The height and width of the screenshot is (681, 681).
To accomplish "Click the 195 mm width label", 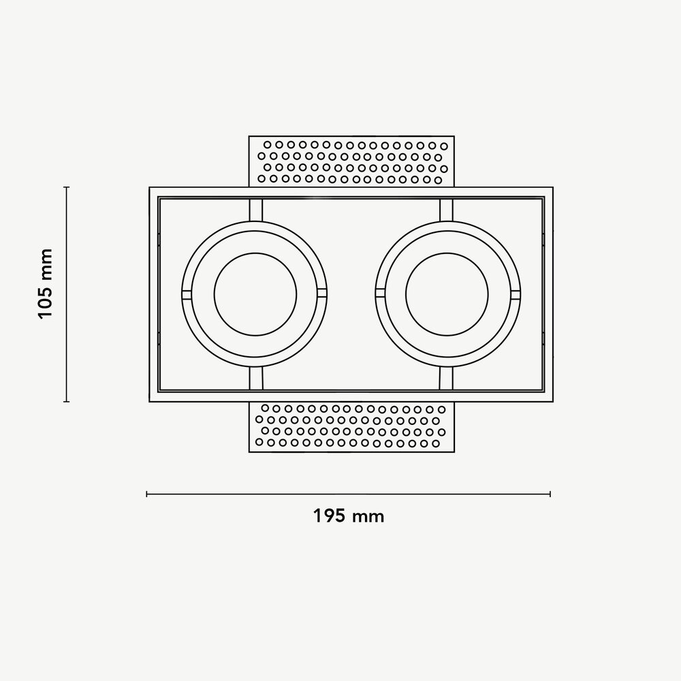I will point(349,516).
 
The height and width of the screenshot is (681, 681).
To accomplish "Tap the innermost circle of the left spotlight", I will point(255,294).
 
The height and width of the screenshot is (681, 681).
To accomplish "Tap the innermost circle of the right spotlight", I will point(447,294).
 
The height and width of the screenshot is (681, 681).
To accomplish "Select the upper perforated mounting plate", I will point(351,161).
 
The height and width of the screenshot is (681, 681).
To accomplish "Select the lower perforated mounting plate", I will point(351,427).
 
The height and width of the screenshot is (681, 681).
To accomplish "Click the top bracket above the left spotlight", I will point(255,210).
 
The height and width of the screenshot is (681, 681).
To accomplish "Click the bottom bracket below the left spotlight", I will point(255,379).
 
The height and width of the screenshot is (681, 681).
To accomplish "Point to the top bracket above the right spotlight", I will point(447,210).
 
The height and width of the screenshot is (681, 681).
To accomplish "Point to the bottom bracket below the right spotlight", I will point(447,379).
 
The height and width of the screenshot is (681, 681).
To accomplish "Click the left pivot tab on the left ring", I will point(187,294).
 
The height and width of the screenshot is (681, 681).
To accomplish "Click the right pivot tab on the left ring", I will point(322,294).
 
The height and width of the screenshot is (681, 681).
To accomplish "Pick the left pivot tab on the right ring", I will point(379,294).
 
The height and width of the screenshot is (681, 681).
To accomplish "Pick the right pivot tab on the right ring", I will point(516,294).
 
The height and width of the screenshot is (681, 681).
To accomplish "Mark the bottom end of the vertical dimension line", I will point(66,402).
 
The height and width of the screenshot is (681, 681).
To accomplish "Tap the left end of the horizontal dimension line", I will point(147,494).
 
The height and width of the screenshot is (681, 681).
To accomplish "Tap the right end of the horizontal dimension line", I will point(550,494).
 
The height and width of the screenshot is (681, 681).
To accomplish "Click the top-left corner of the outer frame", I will point(150,187).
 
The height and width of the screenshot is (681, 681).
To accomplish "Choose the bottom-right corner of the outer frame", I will point(552,401).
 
